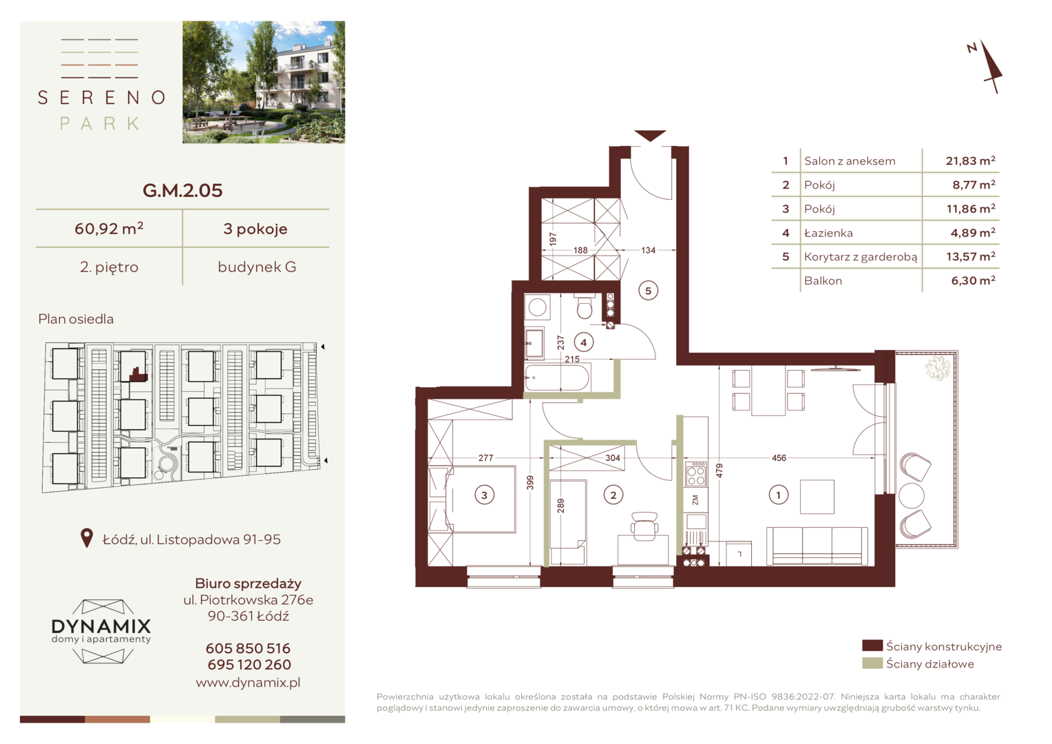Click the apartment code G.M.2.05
click(x=182, y=190)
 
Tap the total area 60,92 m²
click(x=109, y=229)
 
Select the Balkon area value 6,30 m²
click(x=973, y=280)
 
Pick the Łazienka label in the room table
click(x=828, y=233)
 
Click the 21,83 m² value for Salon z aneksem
click(x=970, y=161)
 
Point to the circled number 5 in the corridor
click(x=648, y=291)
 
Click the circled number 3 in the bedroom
click(x=484, y=495)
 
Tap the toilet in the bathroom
click(x=585, y=306)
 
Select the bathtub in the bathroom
click(x=557, y=378)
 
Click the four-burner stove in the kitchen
click(x=696, y=474)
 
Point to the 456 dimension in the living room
click(x=779, y=458)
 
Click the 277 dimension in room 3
click(x=485, y=458)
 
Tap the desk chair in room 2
click(x=644, y=526)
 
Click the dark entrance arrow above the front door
click(x=650, y=136)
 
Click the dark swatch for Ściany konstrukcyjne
click(x=872, y=645)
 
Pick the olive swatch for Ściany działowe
click(x=872, y=663)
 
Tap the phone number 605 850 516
click(x=248, y=649)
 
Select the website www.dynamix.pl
click(x=248, y=683)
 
